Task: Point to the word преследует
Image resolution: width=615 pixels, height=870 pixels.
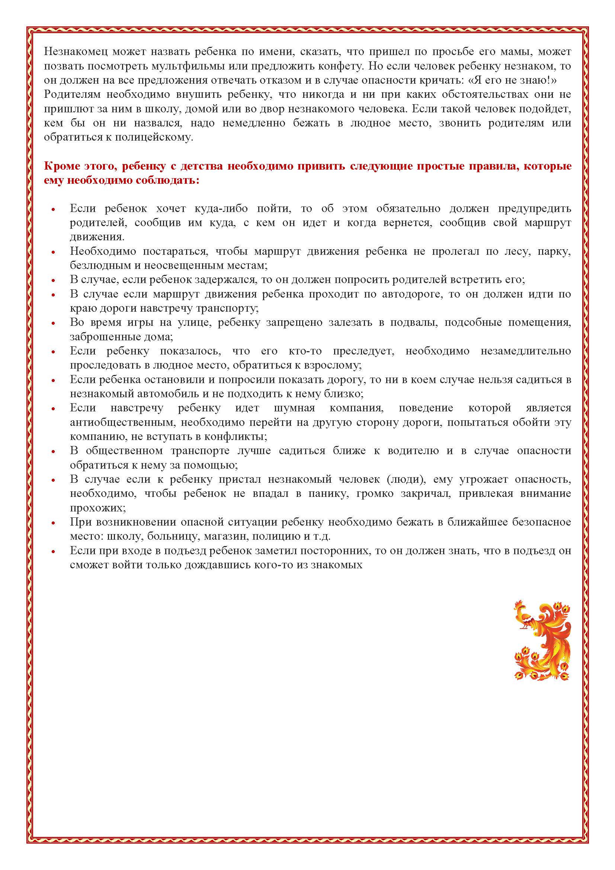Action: (x=363, y=351)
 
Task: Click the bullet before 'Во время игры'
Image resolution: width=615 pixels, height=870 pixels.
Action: (x=54, y=323)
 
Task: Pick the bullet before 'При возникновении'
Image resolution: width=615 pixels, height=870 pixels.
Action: (x=54, y=523)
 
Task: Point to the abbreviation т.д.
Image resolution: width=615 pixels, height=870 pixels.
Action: (x=322, y=537)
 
